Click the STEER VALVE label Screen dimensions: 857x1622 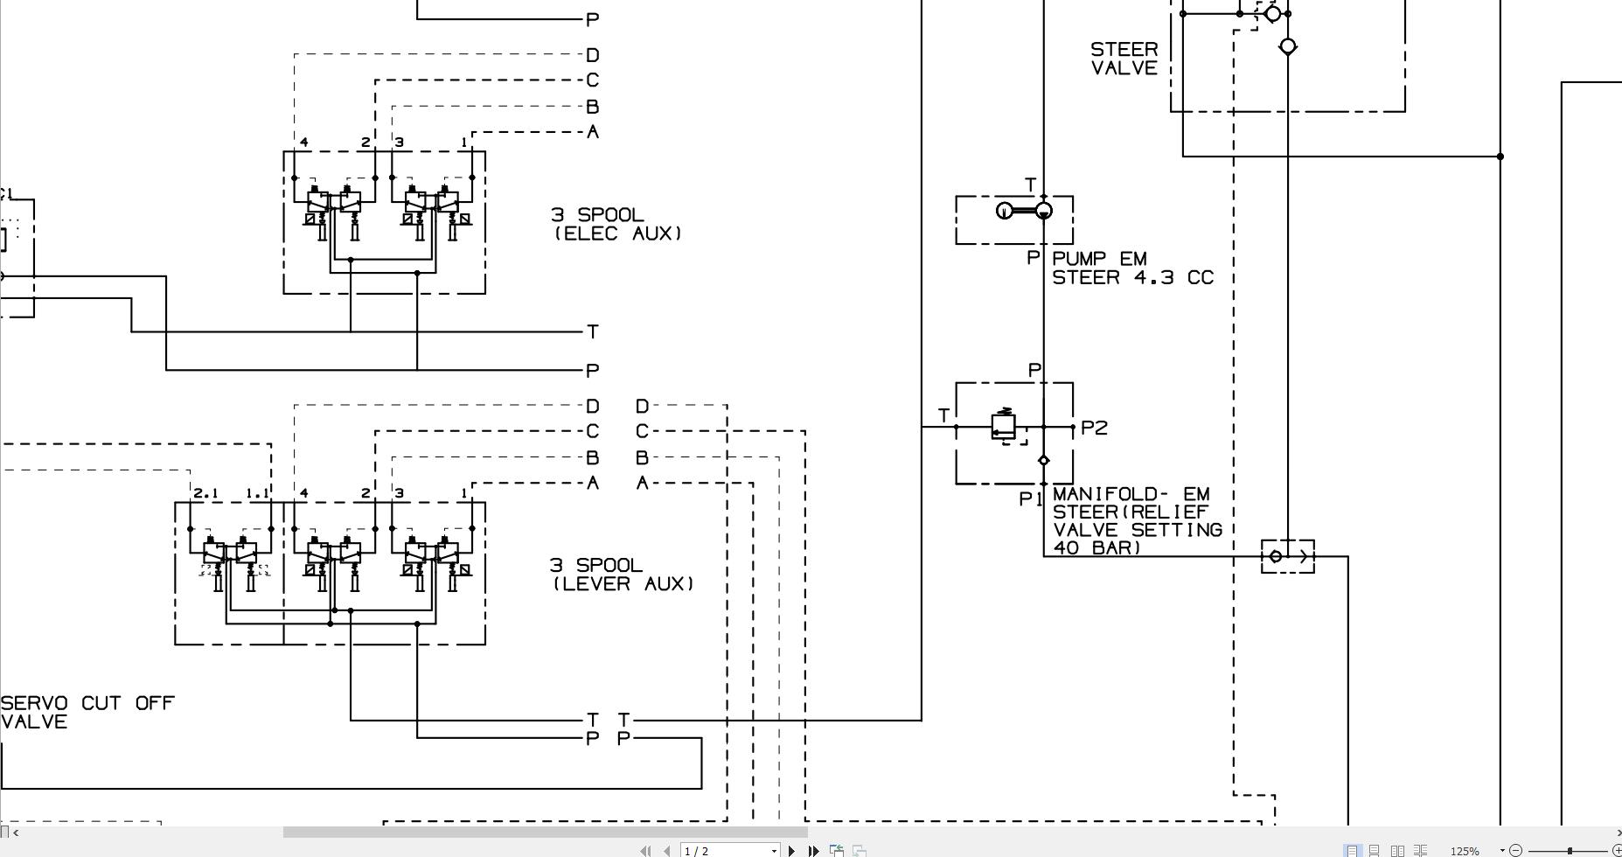tap(1124, 59)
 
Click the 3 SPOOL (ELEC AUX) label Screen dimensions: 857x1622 tap(616, 224)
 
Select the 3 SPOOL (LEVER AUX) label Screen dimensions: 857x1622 tap(621, 575)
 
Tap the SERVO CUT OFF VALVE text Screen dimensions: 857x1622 tap(87, 712)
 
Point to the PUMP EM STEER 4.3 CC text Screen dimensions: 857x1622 tap(1132, 268)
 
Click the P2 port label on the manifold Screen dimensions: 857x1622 tap(1094, 428)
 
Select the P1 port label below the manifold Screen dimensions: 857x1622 tap(1031, 499)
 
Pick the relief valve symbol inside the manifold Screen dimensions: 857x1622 tap(1004, 426)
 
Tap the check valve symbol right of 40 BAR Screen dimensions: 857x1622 tap(1287, 556)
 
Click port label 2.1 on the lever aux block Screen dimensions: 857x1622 tap(205, 493)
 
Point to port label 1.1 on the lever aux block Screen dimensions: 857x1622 tap(257, 493)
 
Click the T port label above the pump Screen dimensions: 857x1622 tap(1030, 185)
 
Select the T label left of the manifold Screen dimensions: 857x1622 tap(943, 415)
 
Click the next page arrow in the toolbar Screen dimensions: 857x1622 tap(792, 850)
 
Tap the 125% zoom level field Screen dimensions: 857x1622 tap(1465, 850)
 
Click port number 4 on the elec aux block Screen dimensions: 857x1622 tap(304, 142)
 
